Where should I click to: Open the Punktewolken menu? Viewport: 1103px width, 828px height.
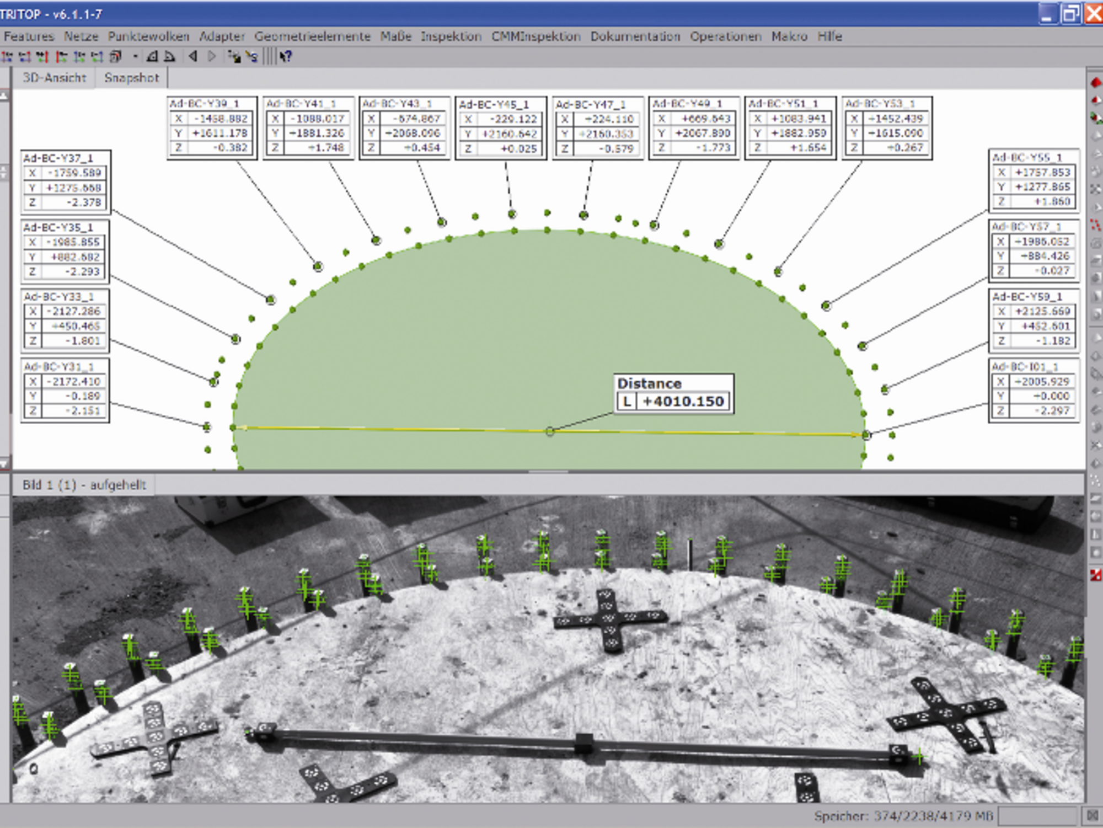[x=148, y=36]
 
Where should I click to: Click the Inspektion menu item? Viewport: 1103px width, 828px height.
[x=451, y=36]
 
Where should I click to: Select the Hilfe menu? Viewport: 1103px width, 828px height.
[x=829, y=36]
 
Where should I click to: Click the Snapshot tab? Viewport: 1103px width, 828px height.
[x=131, y=78]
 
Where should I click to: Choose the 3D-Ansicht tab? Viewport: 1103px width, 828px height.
[x=54, y=78]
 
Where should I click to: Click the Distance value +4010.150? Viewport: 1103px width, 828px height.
[x=683, y=401]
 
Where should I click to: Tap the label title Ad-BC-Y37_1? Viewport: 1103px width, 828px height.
[x=58, y=158]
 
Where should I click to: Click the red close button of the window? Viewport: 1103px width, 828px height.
[x=1093, y=14]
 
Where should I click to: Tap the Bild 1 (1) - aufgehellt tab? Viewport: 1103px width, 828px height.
[x=84, y=485]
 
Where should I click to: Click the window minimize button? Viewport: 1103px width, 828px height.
[x=1046, y=14]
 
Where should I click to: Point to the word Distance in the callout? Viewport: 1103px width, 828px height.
[x=649, y=383]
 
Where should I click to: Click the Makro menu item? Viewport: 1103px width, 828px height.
[x=789, y=36]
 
